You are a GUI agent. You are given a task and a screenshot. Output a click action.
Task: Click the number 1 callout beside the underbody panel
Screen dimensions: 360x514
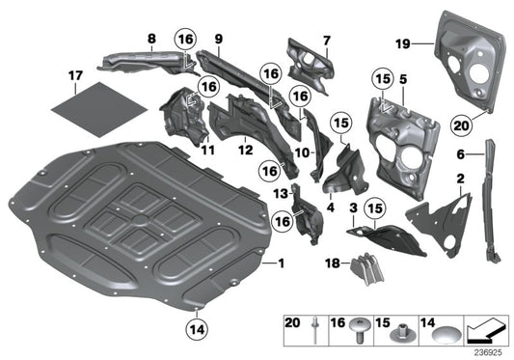tap(282, 263)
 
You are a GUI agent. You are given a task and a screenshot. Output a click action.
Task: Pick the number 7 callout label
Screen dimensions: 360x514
tap(326, 40)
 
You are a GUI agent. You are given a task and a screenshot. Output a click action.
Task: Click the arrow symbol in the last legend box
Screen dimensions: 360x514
tap(488, 333)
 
